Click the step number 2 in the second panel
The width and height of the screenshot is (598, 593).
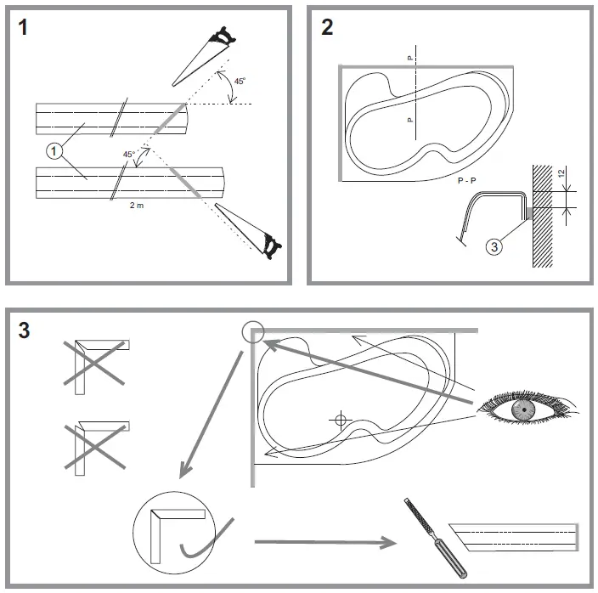point(327,27)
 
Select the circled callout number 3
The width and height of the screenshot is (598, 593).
point(494,247)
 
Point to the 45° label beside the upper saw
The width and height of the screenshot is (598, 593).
point(240,82)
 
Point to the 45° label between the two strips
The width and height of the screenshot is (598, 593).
point(129,155)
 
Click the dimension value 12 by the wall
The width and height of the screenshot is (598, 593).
point(561,173)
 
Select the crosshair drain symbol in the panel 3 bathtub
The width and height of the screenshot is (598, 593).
point(340,419)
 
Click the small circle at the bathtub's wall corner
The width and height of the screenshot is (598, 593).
point(253,332)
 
